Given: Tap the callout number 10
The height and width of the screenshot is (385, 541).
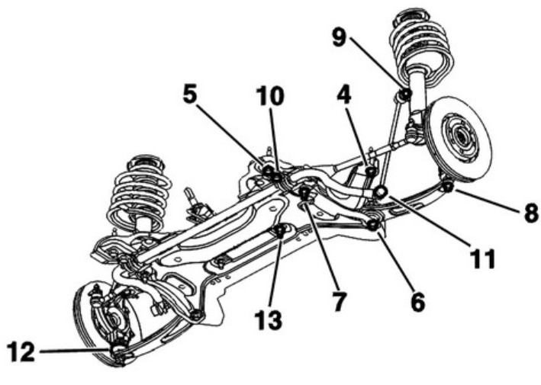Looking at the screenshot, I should coord(269,96).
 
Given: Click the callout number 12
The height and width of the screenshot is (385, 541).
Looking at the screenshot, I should coord(21,352).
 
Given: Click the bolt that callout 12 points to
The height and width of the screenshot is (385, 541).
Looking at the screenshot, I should coord(118,351).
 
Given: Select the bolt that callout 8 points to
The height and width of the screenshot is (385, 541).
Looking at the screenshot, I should coord(447,186).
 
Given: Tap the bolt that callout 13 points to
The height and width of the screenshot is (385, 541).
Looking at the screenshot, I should coord(279,230).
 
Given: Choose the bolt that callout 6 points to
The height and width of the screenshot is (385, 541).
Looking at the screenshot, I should coord(372,225).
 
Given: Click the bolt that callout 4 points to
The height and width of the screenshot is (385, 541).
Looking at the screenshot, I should coord(372,173).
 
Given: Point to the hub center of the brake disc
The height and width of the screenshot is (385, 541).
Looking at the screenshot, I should coord(461,138).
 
